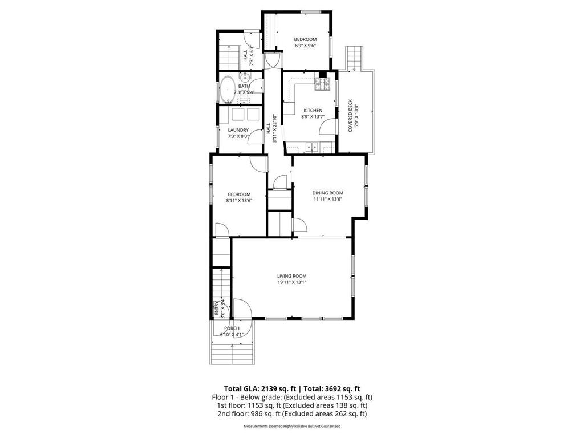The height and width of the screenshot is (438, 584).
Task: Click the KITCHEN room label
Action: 313,111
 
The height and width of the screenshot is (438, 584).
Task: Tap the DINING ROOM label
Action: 328,193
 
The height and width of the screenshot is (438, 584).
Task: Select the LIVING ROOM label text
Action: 292,276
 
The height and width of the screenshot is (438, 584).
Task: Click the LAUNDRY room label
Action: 238,130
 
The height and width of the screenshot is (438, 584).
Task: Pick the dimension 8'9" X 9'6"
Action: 305,46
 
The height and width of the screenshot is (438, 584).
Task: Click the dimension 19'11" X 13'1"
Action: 292,282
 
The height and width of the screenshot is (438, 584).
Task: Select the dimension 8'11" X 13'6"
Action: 238,201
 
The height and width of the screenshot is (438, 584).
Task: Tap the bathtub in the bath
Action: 226,89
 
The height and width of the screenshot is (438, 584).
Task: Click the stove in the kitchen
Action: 323,84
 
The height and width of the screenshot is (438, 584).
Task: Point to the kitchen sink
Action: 312,147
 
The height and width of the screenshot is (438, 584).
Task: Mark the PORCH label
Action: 232,328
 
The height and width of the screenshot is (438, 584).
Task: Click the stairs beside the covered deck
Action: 354,57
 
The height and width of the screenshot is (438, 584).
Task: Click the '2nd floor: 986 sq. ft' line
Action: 291,414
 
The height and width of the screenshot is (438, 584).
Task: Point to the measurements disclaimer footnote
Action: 292,426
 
